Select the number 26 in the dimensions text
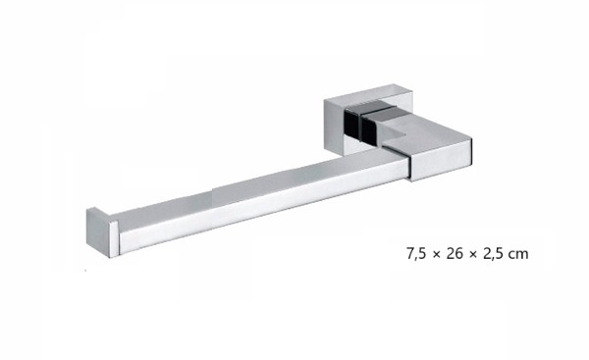455,254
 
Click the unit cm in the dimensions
518,255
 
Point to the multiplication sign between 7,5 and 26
436,255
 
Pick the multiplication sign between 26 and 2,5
472,255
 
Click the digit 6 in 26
458,254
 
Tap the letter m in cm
522,255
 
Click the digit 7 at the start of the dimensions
410,254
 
